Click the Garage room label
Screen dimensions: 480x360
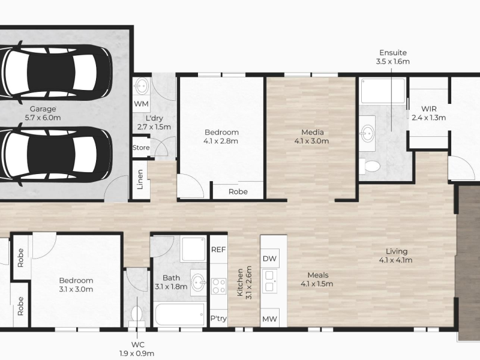pos(43,109)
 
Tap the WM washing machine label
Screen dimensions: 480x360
pos(141,104)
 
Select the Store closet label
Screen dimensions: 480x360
pos(141,148)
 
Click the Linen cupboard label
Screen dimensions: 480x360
pos(140,179)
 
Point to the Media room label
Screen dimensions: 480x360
pos(312,132)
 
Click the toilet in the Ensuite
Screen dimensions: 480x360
pos(370,166)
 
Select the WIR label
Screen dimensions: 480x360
pos(428,109)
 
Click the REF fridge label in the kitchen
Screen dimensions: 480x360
pos(218,250)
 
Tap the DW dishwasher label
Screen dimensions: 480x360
pos(269,259)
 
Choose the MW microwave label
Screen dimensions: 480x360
pos(269,319)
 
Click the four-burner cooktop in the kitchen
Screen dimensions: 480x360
pos(218,286)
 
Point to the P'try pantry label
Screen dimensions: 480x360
pos(218,319)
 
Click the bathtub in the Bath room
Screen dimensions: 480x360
pos(179,314)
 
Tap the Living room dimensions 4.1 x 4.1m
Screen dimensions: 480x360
pos(395,260)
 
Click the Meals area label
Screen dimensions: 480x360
pos(318,275)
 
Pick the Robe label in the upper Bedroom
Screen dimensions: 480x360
pos(238,191)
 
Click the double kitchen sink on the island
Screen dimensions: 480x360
pos(269,281)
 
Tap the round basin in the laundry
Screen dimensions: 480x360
pos(142,86)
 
